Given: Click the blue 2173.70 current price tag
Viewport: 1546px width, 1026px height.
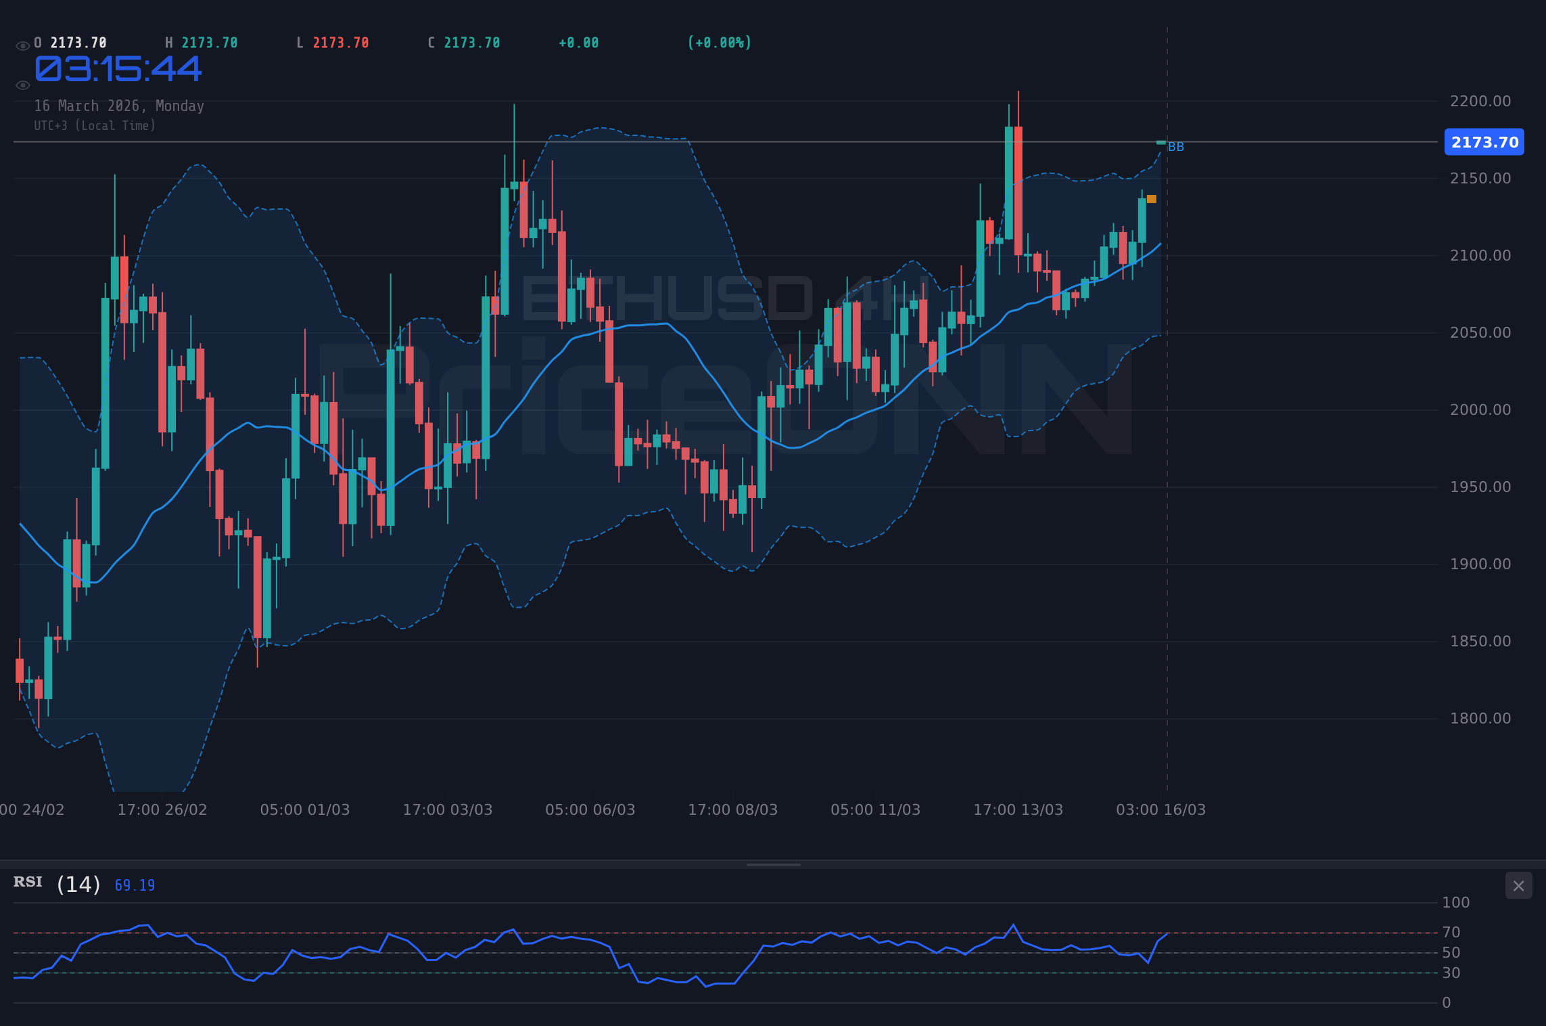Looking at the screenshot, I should click(1484, 142).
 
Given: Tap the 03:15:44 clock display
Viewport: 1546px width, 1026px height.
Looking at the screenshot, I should click(118, 70).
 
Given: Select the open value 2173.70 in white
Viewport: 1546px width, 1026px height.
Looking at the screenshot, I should click(78, 43).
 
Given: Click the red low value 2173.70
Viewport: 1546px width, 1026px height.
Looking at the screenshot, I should click(341, 43).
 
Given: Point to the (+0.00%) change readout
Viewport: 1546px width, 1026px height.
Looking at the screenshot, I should click(720, 43).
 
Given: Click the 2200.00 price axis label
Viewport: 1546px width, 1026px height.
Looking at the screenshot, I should click(1480, 102).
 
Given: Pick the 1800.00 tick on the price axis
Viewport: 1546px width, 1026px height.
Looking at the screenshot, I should click(1480, 719).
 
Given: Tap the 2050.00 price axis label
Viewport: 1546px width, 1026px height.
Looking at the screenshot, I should click(1480, 333).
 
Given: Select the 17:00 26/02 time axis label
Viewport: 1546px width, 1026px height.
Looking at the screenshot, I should click(162, 810).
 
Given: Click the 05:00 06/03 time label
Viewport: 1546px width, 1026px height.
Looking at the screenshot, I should click(590, 810).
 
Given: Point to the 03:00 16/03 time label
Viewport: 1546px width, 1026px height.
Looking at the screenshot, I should click(1161, 810).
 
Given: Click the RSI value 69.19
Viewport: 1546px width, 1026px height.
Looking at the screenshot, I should click(135, 886).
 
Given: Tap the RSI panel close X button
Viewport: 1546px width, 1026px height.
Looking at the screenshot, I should click(1518, 886).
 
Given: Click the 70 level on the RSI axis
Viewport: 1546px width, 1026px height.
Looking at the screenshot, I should click(1451, 933).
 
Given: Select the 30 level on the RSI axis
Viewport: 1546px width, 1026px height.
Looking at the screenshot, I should click(1451, 973).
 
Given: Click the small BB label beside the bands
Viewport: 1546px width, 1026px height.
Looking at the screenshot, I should click(1176, 148).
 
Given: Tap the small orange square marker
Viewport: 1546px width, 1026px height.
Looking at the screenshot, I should click(1152, 199).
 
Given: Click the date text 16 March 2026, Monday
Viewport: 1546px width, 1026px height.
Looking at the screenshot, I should click(119, 106).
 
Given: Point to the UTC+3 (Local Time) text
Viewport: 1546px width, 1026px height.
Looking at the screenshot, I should click(95, 126).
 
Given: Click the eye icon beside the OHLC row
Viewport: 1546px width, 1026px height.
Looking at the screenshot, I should click(22, 46).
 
